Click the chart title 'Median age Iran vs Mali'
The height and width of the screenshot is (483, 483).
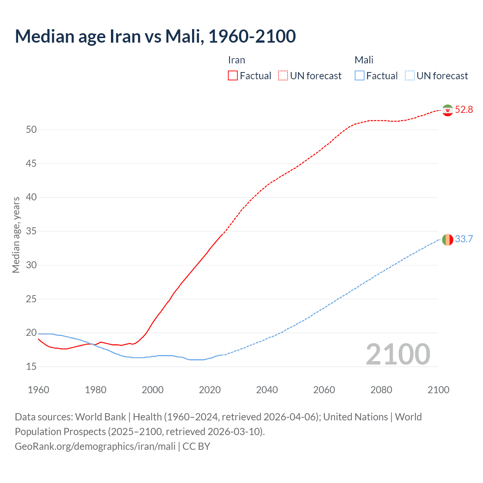155,36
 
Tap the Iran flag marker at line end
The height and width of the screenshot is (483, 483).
448,110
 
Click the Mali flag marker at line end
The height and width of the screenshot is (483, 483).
448,239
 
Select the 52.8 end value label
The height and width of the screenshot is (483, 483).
464,110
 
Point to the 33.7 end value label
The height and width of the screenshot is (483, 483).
464,239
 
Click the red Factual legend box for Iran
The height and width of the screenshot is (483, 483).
233,76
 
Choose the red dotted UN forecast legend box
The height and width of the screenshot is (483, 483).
283,76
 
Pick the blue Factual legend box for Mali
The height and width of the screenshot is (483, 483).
360,76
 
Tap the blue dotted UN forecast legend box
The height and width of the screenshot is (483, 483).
410,76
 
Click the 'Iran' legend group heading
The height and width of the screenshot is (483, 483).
237,60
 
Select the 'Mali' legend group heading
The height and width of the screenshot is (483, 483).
364,60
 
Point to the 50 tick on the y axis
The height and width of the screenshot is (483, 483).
31,130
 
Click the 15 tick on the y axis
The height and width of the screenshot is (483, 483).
31,367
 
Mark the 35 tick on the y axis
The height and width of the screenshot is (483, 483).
31,231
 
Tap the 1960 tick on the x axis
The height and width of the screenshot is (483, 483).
38,390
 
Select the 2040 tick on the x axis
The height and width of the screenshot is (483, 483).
267,390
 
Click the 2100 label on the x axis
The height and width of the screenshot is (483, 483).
438,390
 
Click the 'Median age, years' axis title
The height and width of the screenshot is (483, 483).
16,235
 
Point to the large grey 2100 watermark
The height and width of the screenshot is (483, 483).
398,354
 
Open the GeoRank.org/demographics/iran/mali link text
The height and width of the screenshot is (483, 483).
95,446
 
